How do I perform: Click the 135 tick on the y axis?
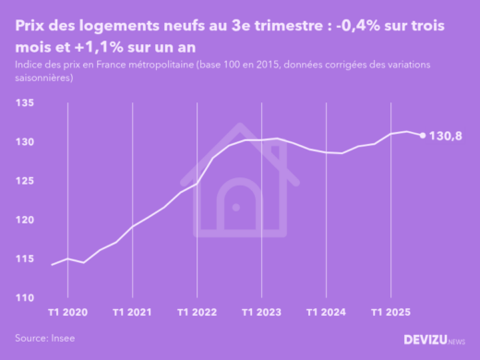pyautogui.click(x=25, y=104)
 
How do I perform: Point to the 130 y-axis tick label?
pyautogui.click(x=25, y=143)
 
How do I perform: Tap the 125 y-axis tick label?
pyautogui.click(x=25, y=182)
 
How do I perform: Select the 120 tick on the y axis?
pyautogui.click(x=25, y=221)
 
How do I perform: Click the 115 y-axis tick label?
pyautogui.click(x=25, y=259)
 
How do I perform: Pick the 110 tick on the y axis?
pyautogui.click(x=25, y=298)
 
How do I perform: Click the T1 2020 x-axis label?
pyautogui.click(x=68, y=313)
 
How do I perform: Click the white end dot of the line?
pyautogui.click(x=423, y=136)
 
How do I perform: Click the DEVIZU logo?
pyautogui.click(x=434, y=340)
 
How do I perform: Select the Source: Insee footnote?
pyautogui.click(x=45, y=339)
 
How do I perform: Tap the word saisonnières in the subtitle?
pyautogui.click(x=44, y=79)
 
